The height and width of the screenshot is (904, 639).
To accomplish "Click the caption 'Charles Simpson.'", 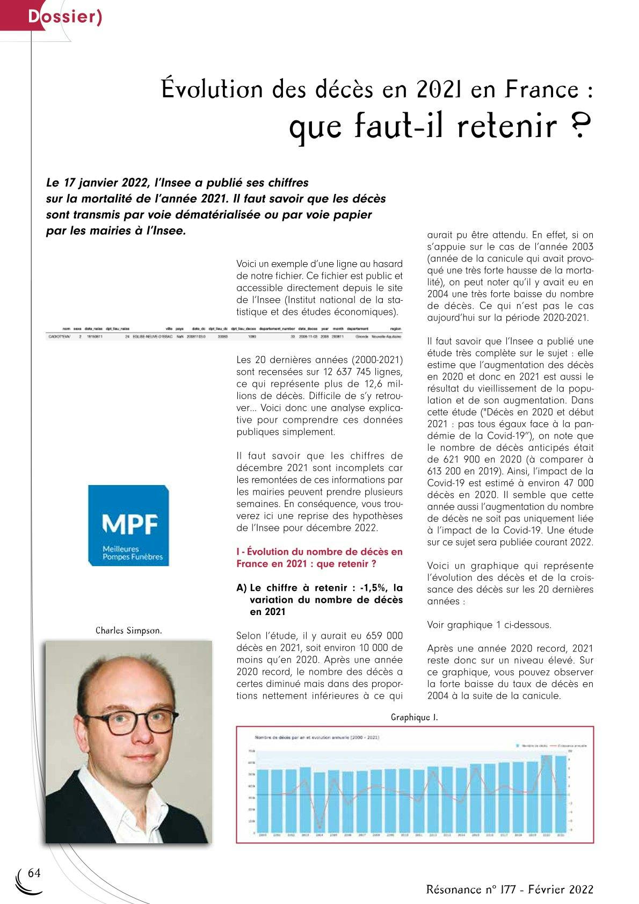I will [x=128, y=630].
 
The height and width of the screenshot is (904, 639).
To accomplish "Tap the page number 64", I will [x=34, y=872].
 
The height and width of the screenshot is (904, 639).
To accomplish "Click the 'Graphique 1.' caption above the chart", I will [x=414, y=717].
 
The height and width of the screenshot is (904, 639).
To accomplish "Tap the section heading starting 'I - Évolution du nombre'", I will [x=319, y=558].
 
